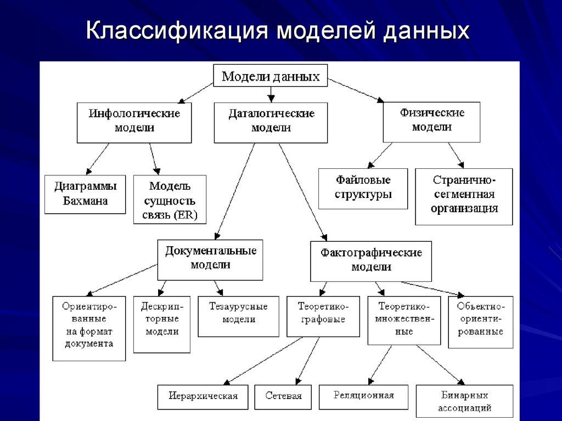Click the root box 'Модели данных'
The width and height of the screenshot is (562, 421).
[x=270, y=76]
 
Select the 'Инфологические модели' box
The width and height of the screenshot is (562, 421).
[x=134, y=121]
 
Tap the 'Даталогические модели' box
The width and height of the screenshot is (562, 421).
[x=271, y=122]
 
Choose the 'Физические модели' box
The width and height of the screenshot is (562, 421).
[x=431, y=121]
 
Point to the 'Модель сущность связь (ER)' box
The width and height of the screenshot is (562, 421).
[x=170, y=200]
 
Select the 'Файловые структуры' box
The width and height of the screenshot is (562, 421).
[x=363, y=188]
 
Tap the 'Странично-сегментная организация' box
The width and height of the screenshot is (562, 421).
[x=464, y=196]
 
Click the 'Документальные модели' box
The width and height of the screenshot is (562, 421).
[x=210, y=259]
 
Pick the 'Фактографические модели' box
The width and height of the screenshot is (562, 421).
[x=371, y=261]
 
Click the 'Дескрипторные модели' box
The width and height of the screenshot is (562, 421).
[x=162, y=324]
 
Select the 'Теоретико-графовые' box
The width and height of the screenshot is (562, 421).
[x=322, y=316]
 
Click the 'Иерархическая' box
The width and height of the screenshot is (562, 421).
[x=203, y=397]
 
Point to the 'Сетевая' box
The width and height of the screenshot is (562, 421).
[x=283, y=397]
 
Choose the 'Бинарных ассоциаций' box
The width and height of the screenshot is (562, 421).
[x=464, y=401]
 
